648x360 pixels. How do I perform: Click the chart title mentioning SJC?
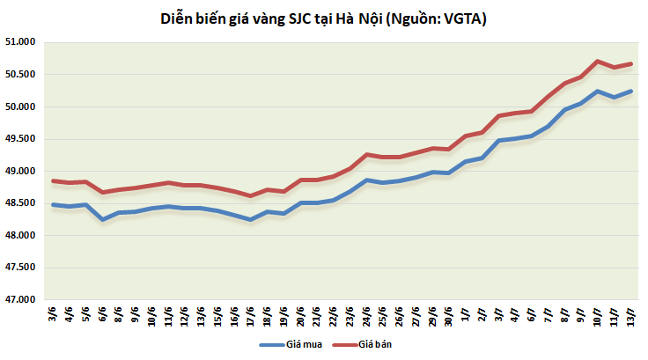(x=324, y=18)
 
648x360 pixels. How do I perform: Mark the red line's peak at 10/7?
(x=599, y=62)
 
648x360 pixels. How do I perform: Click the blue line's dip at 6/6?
(x=103, y=219)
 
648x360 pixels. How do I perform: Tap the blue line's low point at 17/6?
(x=251, y=220)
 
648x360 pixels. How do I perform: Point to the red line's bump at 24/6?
(x=366, y=154)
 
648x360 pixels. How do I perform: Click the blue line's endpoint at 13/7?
(x=631, y=92)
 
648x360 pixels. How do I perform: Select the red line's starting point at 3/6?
(x=54, y=181)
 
